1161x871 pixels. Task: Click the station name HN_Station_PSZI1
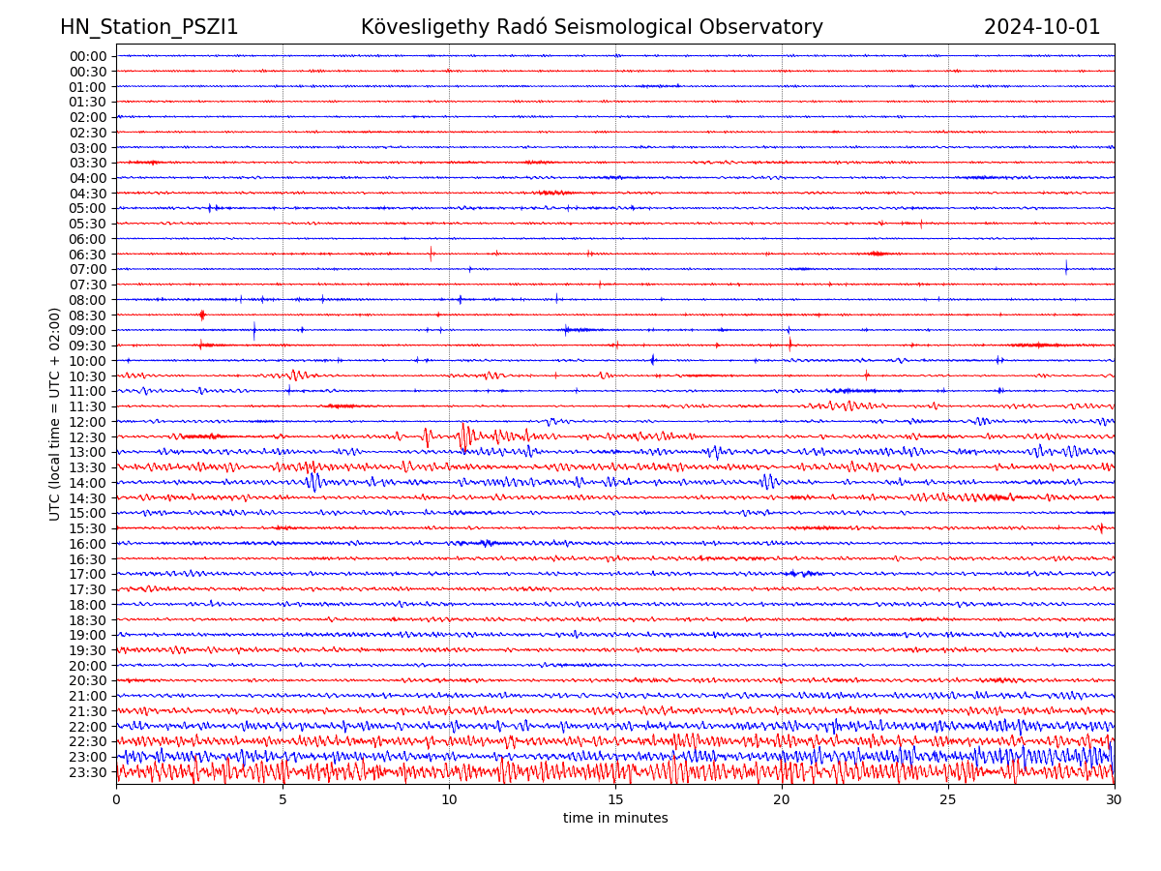coord(149,27)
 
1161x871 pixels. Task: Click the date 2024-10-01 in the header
coord(1042,27)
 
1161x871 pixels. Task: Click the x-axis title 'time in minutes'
coord(615,819)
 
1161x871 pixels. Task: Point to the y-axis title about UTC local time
coord(55,413)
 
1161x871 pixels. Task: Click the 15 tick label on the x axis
coord(615,800)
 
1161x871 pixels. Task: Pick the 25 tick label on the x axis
coord(948,800)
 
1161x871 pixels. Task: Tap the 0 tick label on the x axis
coord(116,800)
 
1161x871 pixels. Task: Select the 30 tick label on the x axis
coord(1115,800)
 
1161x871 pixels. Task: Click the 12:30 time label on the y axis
coord(88,437)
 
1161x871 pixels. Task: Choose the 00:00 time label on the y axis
coord(88,56)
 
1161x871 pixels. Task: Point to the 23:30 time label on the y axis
coord(88,772)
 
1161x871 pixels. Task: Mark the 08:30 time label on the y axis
coord(88,315)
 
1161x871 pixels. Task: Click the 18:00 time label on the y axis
coord(88,605)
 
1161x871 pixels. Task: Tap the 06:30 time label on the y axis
coord(88,255)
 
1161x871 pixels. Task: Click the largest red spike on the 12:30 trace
coord(464,435)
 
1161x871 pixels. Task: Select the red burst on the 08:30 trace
coord(202,315)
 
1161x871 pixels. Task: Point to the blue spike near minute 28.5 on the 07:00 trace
coord(1066,267)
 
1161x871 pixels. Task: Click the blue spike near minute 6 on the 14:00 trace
coord(313,480)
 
